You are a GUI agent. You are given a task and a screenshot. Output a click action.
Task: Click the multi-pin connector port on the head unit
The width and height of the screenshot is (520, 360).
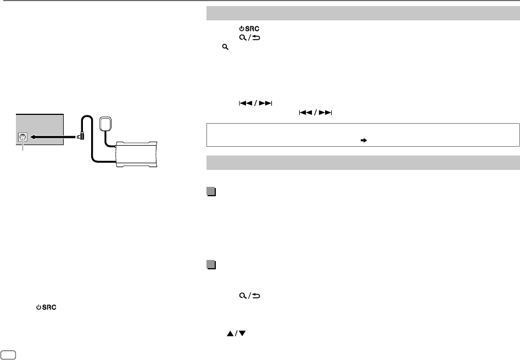point(23,137)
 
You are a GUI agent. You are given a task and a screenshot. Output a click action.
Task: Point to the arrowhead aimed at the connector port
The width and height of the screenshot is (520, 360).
point(33,137)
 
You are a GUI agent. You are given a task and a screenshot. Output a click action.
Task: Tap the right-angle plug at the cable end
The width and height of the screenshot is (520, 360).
point(81,136)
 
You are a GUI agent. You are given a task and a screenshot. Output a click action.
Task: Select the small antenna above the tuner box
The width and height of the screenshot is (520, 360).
point(106,124)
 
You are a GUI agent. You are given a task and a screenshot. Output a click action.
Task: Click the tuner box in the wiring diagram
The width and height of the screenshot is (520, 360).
point(136,154)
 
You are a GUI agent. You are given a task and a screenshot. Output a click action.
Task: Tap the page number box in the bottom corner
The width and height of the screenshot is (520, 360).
point(8,355)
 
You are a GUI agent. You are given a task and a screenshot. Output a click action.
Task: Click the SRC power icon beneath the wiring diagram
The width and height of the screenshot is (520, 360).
point(46,307)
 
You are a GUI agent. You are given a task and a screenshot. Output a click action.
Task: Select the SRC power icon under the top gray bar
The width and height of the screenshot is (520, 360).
point(249,29)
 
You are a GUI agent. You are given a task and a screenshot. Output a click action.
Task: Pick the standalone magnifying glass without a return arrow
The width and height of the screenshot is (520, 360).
point(225,47)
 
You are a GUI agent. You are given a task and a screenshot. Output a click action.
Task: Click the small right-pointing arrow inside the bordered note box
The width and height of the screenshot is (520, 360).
point(364,140)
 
